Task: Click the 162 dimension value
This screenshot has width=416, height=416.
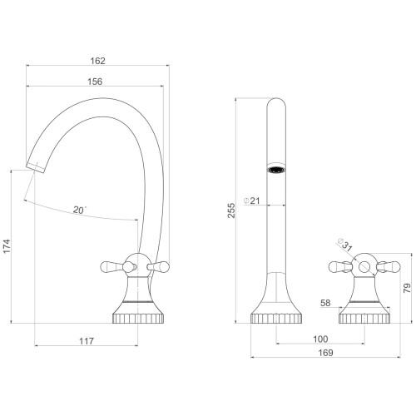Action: [x=98, y=61]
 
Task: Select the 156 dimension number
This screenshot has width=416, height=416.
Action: [x=95, y=82]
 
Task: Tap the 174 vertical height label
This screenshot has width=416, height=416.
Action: [x=7, y=246]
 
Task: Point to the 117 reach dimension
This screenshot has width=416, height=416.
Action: [x=87, y=341]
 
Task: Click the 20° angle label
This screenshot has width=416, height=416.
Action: [x=80, y=210]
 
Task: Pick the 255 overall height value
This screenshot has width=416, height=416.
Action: [x=231, y=210]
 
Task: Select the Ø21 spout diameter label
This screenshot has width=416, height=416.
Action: [x=252, y=201]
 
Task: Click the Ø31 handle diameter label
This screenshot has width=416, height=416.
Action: [x=344, y=245]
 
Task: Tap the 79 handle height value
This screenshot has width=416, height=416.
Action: [x=407, y=288]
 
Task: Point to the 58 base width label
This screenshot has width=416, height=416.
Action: [x=325, y=303]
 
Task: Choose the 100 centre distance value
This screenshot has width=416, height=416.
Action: [x=320, y=339]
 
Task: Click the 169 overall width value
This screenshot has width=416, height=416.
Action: [x=325, y=353]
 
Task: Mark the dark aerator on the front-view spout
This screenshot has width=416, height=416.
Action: [x=276, y=170]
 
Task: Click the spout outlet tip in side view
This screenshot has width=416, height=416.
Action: [x=36, y=168]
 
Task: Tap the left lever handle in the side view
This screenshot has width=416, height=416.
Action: [x=111, y=266]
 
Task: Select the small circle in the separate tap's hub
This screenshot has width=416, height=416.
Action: [x=364, y=267]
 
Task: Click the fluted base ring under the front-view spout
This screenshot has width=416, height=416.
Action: [x=276, y=319]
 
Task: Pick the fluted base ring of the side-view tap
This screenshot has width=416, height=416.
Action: [x=138, y=319]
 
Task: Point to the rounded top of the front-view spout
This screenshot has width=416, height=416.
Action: [x=276, y=102]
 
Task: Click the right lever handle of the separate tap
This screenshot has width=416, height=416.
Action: [x=389, y=267]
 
